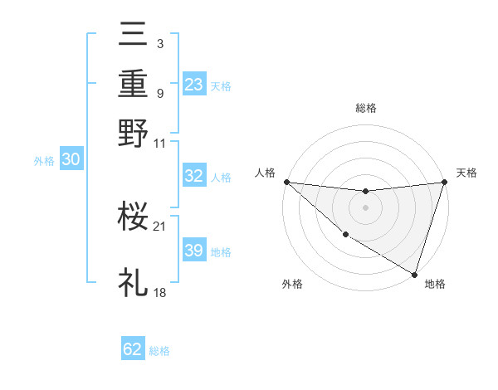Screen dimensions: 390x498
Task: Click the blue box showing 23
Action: pos(194,85)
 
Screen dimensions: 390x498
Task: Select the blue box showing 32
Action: pos(194,176)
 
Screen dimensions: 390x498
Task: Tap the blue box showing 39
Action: pos(194,251)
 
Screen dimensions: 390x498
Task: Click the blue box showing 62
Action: pos(133,349)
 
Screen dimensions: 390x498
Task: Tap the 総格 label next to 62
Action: pos(160,351)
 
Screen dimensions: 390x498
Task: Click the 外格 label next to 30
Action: pos(44,162)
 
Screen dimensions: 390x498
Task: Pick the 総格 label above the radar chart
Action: pos(366,108)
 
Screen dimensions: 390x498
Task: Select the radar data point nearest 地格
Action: pos(415,274)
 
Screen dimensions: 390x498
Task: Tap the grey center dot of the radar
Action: pos(365,207)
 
